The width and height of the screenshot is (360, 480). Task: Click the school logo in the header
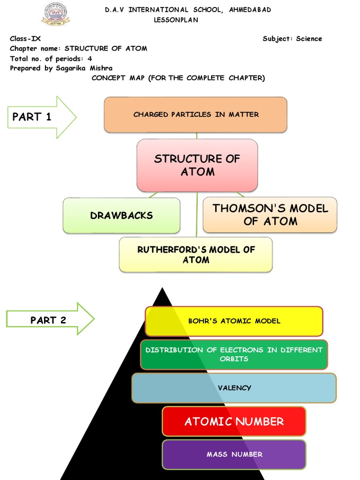pyautogui.click(x=55, y=14)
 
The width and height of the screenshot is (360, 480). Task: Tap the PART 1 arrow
pyautogui.click(x=41, y=117)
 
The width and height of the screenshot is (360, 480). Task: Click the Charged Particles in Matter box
pyautogui.click(x=195, y=114)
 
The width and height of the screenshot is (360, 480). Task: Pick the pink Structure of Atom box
pyautogui.click(x=197, y=165)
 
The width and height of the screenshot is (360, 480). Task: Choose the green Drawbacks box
pyautogui.click(x=121, y=216)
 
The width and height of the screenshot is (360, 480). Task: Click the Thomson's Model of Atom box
pyautogui.click(x=270, y=215)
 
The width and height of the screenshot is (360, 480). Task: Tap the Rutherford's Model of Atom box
pyautogui.click(x=196, y=255)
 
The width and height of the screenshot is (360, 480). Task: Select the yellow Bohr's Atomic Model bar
pyautogui.click(x=234, y=321)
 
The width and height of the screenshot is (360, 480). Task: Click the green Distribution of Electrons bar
pyautogui.click(x=234, y=354)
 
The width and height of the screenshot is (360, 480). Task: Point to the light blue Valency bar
pyautogui.click(x=234, y=388)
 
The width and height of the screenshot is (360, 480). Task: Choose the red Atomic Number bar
pyautogui.click(x=234, y=421)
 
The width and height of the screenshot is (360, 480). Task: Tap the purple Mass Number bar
pyautogui.click(x=234, y=454)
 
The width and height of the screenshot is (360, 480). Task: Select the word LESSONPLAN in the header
pyautogui.click(x=176, y=20)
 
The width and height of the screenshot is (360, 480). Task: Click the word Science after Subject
pyautogui.click(x=309, y=39)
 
